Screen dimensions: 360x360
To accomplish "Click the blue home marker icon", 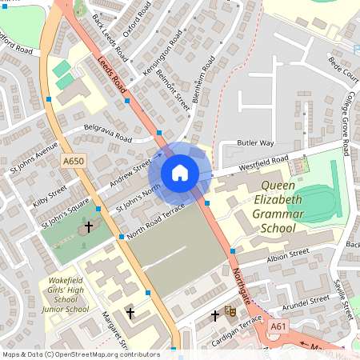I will click(180, 173).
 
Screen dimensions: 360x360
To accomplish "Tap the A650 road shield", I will click(74, 162).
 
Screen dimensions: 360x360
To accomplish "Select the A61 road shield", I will click(278, 326).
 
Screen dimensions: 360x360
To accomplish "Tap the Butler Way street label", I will click(256, 142).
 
